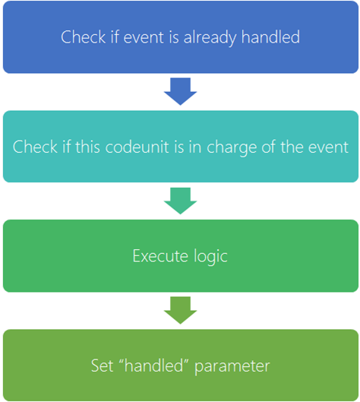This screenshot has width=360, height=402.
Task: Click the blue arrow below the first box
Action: click(181, 91)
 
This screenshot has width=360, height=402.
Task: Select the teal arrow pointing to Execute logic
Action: click(181, 201)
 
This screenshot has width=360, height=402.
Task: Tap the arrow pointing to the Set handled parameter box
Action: click(181, 310)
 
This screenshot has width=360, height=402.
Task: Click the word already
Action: click(211, 38)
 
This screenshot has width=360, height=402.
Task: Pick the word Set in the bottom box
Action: click(102, 366)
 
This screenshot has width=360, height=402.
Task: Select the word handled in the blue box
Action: click(270, 37)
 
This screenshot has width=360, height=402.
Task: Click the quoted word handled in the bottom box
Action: click(153, 365)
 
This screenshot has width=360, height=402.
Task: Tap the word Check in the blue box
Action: click(84, 37)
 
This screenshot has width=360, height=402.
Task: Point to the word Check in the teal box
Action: click(35, 147)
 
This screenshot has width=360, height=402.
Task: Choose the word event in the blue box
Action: click(144, 38)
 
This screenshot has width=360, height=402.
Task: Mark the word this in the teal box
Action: click(87, 147)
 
